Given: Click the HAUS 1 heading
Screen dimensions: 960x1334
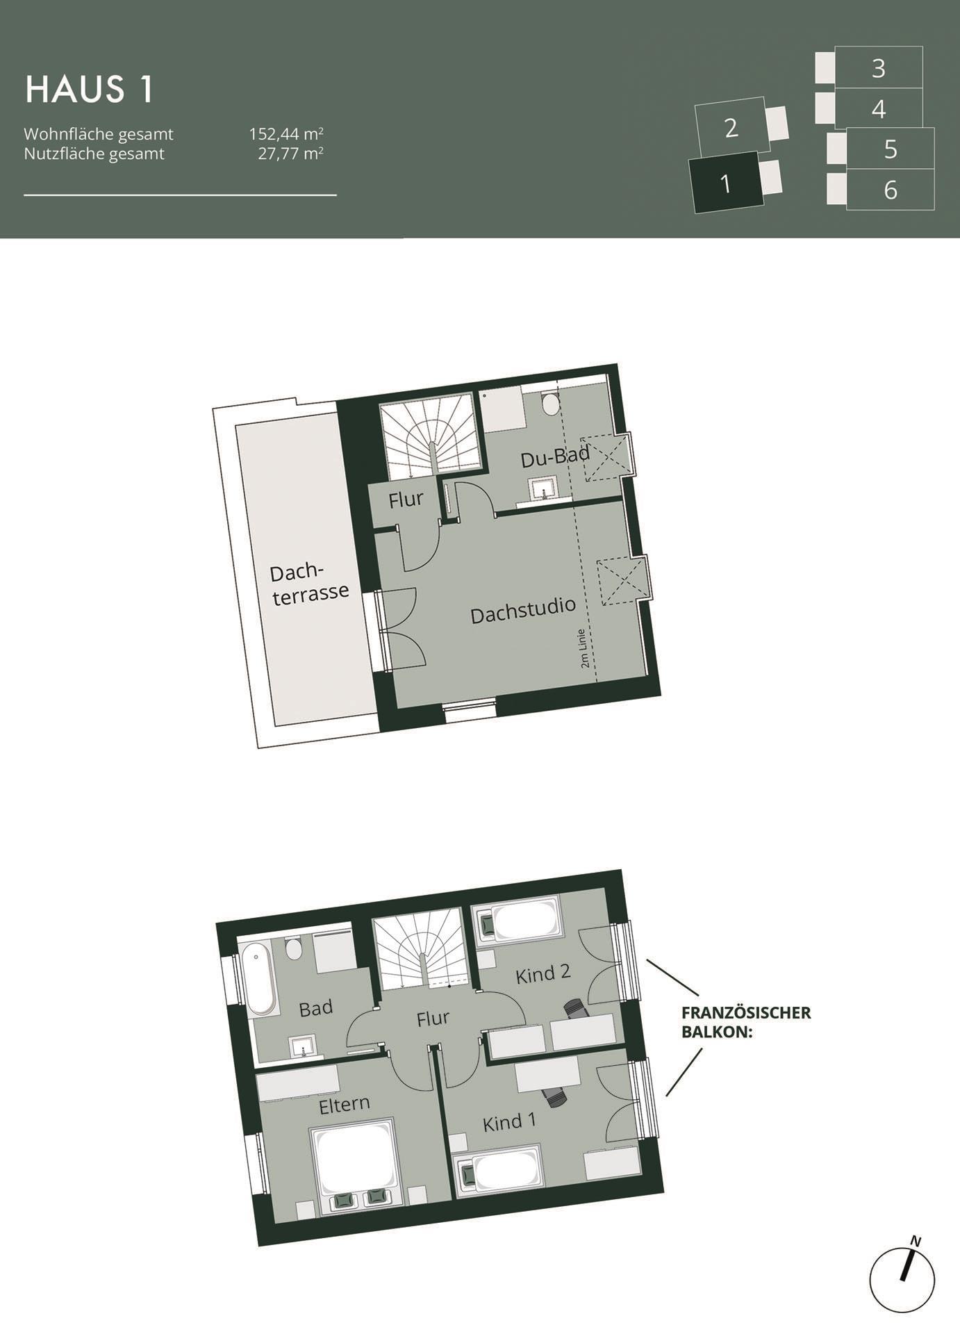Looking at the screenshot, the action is (x=89, y=90).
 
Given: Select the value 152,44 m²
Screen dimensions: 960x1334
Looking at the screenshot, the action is (x=286, y=133).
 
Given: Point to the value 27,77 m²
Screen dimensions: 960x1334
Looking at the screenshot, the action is (x=290, y=154).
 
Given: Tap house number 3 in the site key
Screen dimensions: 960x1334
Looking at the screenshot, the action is (x=878, y=68).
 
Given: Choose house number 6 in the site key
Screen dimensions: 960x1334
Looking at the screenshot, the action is (x=890, y=189).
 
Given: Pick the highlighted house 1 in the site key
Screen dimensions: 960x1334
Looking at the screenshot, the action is (x=726, y=183).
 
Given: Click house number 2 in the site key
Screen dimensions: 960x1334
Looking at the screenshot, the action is (x=731, y=128).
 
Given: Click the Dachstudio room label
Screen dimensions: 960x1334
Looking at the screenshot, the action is (x=523, y=610).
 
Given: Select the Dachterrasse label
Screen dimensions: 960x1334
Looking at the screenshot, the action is (x=309, y=585).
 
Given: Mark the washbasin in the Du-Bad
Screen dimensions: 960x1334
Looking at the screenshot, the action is (x=543, y=488).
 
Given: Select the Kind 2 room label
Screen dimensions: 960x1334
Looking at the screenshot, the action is (x=543, y=974).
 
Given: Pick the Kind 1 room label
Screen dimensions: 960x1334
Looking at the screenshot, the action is (x=509, y=1121).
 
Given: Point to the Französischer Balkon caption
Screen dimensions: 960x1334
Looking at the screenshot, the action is (x=746, y=1021).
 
